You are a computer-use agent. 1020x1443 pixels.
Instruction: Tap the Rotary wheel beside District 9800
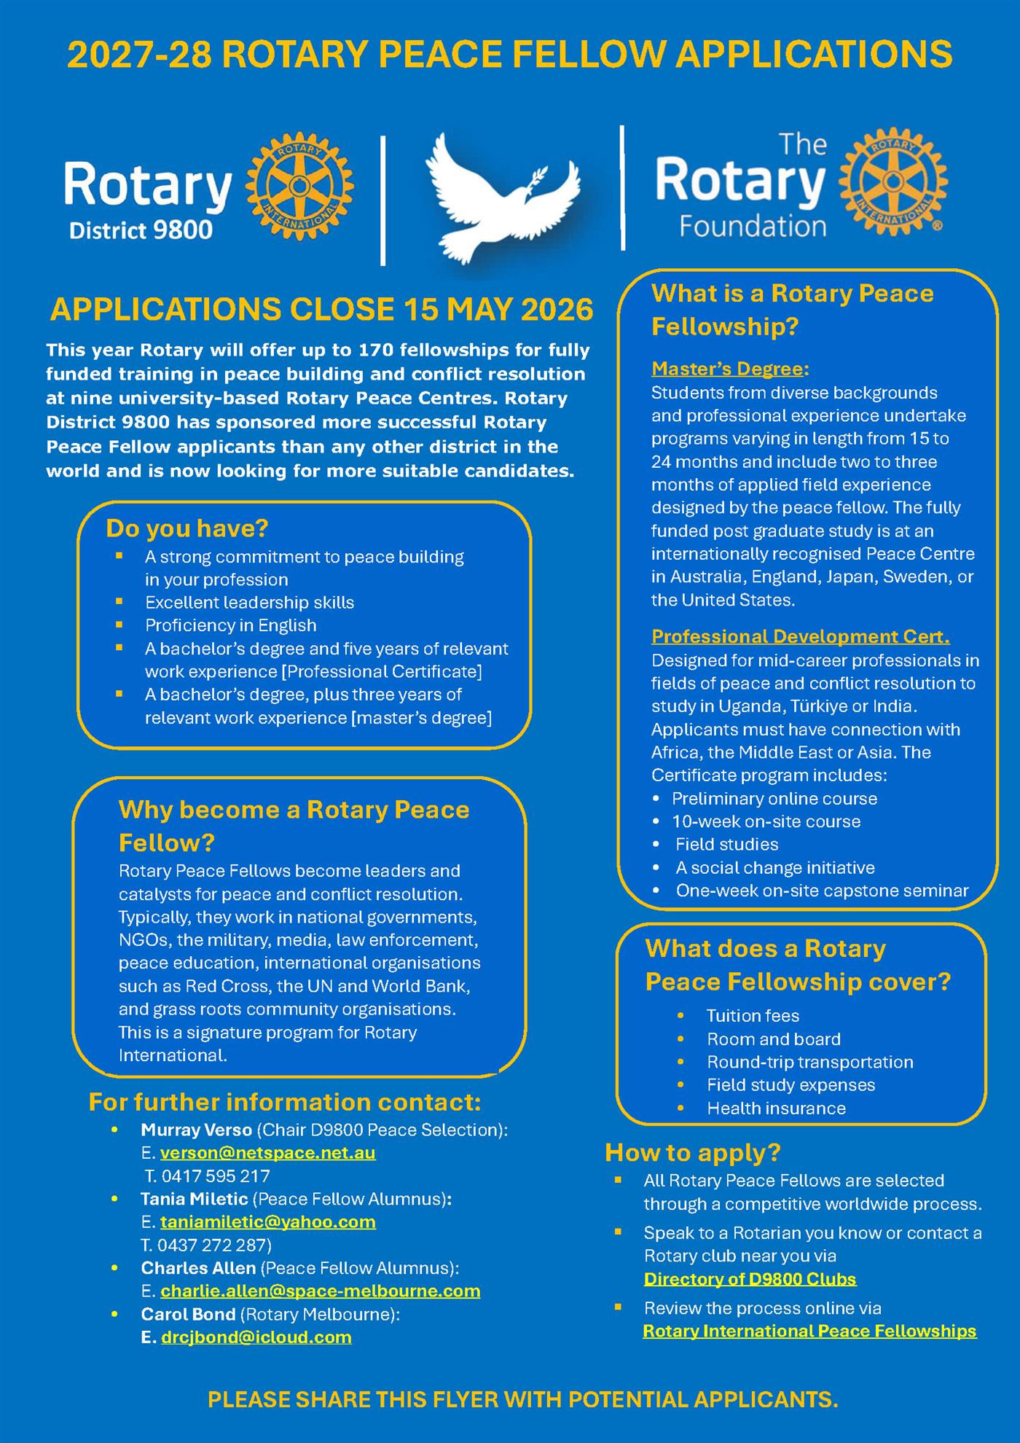(299, 187)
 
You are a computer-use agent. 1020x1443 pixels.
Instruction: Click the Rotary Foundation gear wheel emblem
(893, 181)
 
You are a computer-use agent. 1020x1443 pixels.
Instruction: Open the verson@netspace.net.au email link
(267, 1153)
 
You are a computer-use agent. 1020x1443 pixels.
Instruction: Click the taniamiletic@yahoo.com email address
(267, 1222)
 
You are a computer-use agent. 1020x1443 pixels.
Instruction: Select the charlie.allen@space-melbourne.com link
(320, 1291)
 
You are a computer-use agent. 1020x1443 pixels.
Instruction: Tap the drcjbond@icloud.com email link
(256, 1337)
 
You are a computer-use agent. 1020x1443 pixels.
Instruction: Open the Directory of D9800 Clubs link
(750, 1279)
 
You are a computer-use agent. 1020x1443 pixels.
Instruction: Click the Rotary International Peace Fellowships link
(809, 1331)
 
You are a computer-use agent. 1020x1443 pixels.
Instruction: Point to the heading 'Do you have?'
(187, 528)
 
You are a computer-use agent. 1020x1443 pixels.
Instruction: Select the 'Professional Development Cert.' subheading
(800, 636)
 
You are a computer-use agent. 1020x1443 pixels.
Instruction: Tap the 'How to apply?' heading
(692, 1152)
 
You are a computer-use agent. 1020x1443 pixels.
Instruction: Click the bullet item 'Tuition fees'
(753, 1016)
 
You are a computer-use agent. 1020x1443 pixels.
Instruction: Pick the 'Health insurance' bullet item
(776, 1108)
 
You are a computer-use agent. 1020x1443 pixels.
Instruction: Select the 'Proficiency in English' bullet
(230, 625)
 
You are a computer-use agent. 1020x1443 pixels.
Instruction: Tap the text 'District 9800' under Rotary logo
(141, 230)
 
